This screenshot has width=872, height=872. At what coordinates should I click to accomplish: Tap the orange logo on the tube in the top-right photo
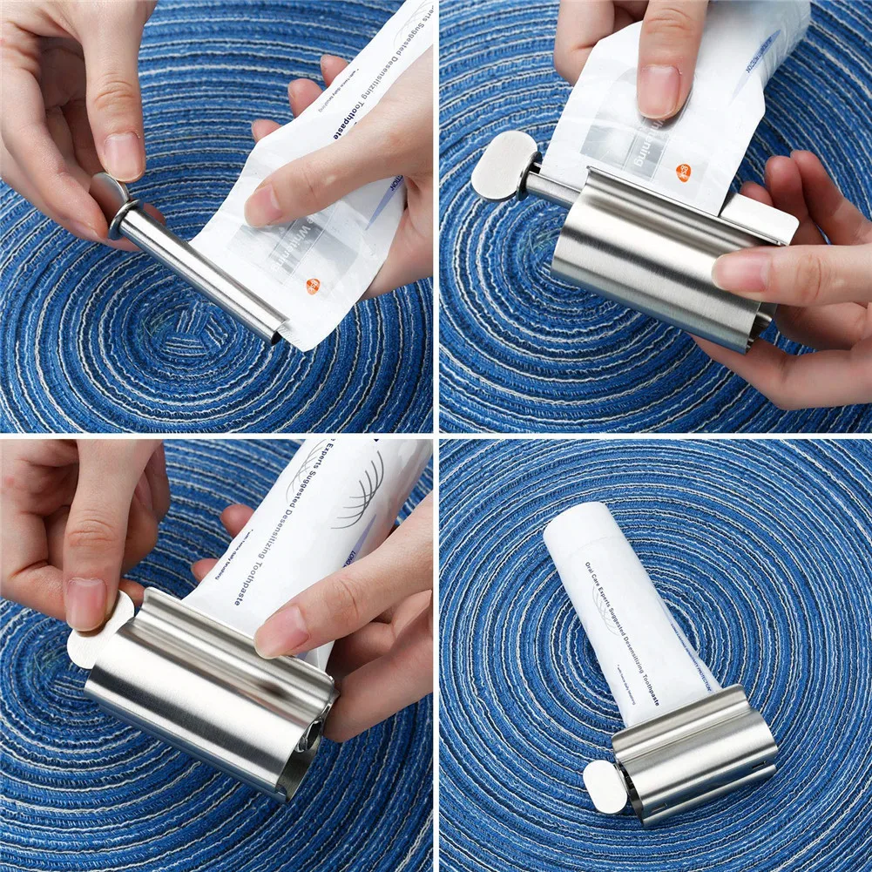[683, 172]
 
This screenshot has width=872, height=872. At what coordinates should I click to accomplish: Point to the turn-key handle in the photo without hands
[604, 786]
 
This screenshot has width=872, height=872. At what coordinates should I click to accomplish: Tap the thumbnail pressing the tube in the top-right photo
[660, 91]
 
